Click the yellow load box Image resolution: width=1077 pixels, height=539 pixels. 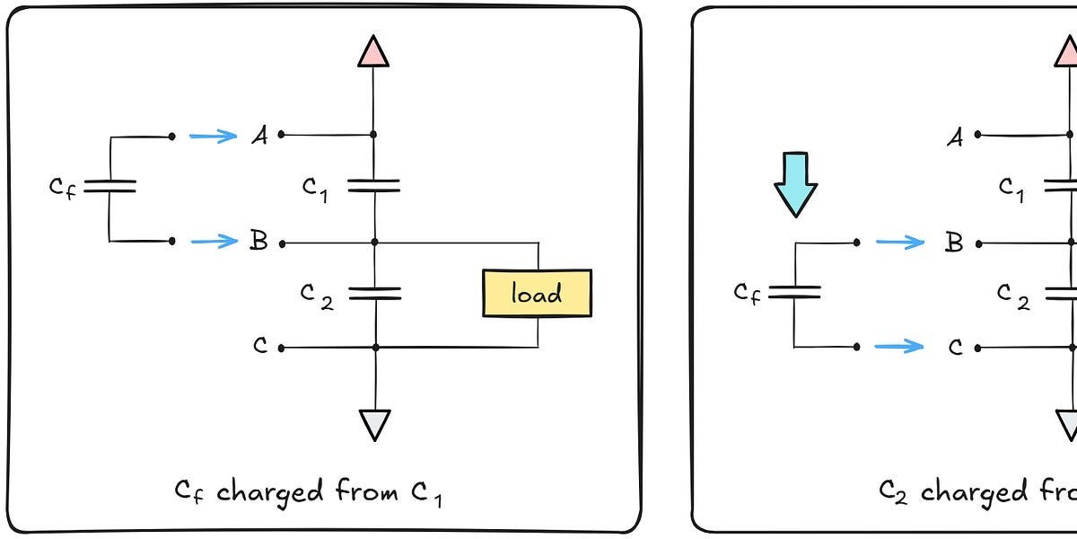pyautogui.click(x=537, y=293)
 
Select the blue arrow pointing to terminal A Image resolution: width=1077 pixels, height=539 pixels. pyautogui.click(x=213, y=136)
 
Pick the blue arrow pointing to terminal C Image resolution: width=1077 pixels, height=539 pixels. pyautogui.click(x=899, y=346)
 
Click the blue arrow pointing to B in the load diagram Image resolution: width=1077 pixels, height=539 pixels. pyautogui.click(x=213, y=241)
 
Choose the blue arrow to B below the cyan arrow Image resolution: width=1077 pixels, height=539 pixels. pyautogui.click(x=899, y=242)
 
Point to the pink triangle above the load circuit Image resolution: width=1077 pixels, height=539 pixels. pyautogui.click(x=373, y=52)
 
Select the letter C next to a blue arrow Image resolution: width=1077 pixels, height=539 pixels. pyautogui.click(x=955, y=346)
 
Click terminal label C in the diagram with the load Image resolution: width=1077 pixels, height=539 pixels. pyautogui.click(x=260, y=346)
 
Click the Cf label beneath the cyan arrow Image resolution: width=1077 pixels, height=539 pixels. pyautogui.click(x=747, y=293)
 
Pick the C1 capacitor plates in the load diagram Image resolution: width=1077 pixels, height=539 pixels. pyautogui.click(x=373, y=185)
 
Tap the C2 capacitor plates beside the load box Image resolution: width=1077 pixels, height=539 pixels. pyautogui.click(x=373, y=293)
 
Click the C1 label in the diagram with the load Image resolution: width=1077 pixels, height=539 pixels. pyautogui.click(x=315, y=188)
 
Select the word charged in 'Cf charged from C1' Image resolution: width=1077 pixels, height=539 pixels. pyautogui.click(x=269, y=492)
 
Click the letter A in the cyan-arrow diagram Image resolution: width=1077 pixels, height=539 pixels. pyautogui.click(x=955, y=137)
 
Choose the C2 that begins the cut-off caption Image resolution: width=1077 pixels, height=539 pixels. pyautogui.click(x=894, y=492)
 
